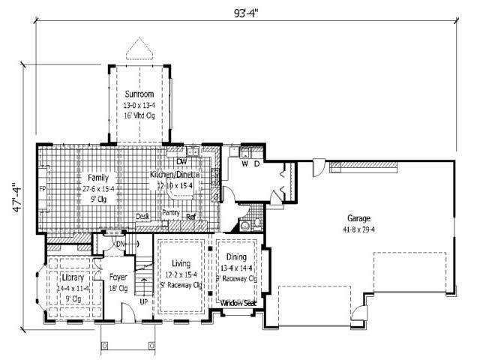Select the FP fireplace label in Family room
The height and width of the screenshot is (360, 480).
pyautogui.click(x=43, y=189)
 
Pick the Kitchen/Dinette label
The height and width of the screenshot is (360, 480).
pyautogui.click(x=178, y=174)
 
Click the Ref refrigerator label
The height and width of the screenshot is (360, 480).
pyautogui.click(x=191, y=217)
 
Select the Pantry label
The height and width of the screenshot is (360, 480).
pyautogui.click(x=172, y=213)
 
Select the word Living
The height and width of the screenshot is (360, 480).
pyautogui.click(x=181, y=265)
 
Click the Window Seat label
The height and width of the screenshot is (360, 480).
pyautogui.click(x=238, y=302)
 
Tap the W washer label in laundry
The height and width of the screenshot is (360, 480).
pyautogui.click(x=245, y=163)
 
